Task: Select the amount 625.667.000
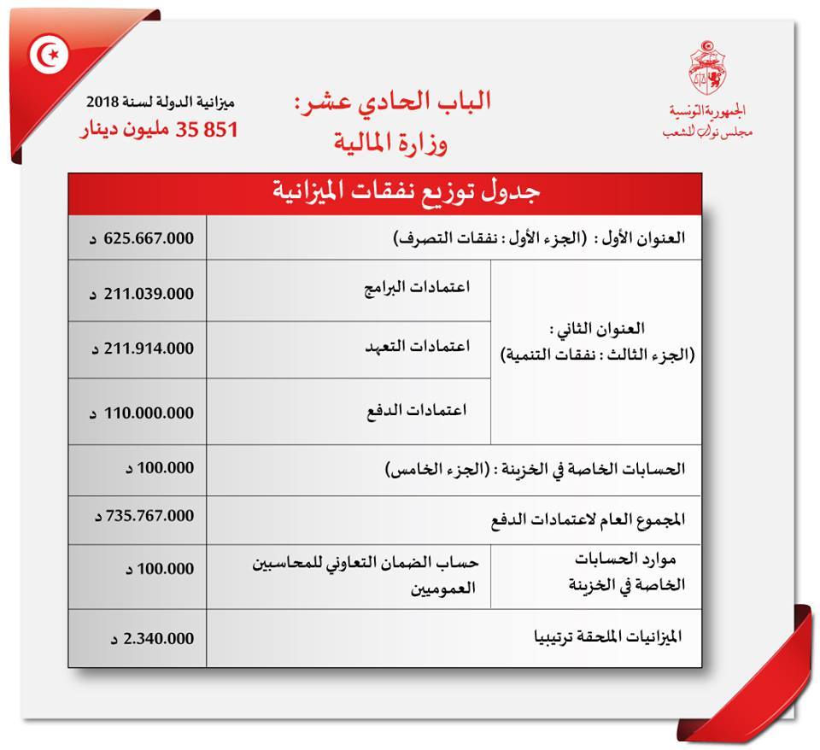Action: (142, 239)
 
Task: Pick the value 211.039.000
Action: (142, 293)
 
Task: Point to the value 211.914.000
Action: (142, 349)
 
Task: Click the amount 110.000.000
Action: (142, 413)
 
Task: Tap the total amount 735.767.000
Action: (142, 516)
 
